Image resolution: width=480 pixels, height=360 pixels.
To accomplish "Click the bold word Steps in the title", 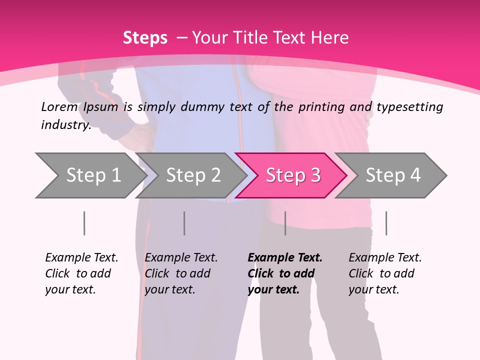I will tap(145, 38).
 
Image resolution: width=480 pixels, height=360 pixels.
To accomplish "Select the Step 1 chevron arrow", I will tap(90, 175).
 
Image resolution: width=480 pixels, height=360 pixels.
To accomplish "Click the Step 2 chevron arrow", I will tap(192, 175).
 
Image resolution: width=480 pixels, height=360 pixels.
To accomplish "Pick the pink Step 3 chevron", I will tap(292, 175).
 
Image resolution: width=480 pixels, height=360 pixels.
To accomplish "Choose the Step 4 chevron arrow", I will tap(392, 175).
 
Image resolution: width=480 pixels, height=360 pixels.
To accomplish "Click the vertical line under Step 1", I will tap(84, 223).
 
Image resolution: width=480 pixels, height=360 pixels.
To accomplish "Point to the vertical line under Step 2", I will tap(184, 223).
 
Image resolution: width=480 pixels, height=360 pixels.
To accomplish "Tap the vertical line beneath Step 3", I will tap(285, 223).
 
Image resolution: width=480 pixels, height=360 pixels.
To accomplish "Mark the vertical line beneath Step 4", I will tap(386, 223).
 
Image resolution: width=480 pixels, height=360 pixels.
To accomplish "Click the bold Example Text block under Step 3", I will tap(285, 273).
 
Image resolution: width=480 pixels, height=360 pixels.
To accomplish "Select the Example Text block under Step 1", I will tap(81, 273).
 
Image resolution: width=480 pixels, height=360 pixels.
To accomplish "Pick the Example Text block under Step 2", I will tap(181, 273).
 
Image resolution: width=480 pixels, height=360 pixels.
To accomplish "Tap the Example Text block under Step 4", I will tap(385, 273).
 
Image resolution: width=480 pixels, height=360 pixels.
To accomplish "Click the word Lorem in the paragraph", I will tap(59, 107).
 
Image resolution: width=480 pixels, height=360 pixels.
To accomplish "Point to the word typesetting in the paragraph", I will tap(409, 107).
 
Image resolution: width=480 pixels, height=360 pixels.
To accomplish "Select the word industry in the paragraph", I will tap(65, 125).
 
